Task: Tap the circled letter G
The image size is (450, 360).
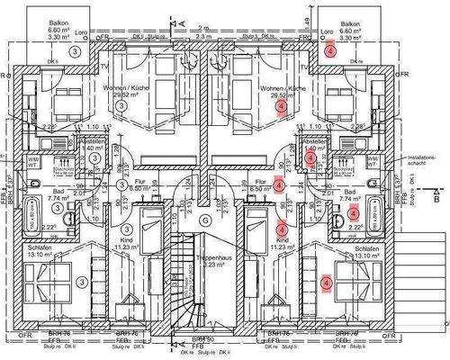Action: pyautogui.click(x=204, y=220)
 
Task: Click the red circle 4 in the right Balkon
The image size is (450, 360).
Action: pyautogui.click(x=331, y=52)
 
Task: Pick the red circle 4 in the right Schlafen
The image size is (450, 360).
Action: pyautogui.click(x=326, y=283)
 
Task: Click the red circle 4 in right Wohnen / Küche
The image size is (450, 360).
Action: pyautogui.click(x=283, y=107)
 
